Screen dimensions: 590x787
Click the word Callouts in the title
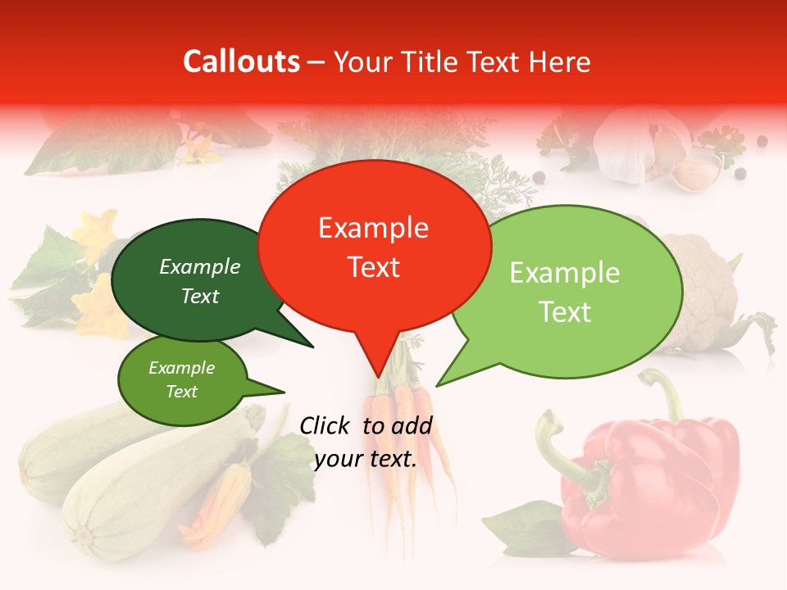(241, 61)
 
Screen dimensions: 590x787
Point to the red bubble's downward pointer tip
(378, 375)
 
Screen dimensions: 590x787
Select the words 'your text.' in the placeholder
(365, 459)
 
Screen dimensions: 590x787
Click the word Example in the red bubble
(374, 228)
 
